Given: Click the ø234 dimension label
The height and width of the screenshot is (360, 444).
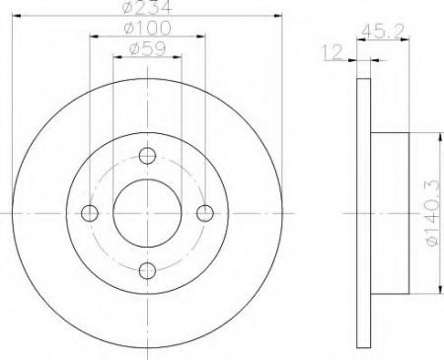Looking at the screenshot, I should pos(148,11).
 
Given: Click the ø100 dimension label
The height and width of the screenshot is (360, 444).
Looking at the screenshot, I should pos(148,30).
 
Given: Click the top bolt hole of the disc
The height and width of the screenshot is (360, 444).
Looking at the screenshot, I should pos(148,155).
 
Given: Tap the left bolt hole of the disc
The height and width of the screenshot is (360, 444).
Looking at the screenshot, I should pos(91,213).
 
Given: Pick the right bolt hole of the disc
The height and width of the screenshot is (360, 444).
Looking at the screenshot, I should pos(205,213).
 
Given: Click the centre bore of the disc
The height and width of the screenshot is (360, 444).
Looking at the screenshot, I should pos(148,213).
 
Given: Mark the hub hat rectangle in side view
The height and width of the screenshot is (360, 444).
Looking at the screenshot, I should pos(390,213).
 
